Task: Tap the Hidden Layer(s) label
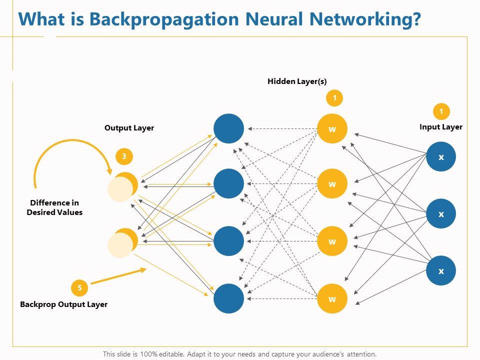(297, 81)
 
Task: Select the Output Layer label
(129, 128)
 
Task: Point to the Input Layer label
(440, 127)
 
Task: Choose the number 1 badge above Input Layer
(441, 111)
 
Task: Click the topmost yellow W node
(332, 129)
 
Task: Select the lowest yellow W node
(332, 299)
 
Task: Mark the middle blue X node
(441, 214)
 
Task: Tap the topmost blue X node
(441, 157)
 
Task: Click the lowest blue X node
(441, 271)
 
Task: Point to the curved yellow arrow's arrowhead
(108, 169)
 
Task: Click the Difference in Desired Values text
(54, 207)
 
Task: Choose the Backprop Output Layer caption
(63, 304)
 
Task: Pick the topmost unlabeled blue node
(229, 129)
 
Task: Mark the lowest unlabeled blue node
(229, 298)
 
